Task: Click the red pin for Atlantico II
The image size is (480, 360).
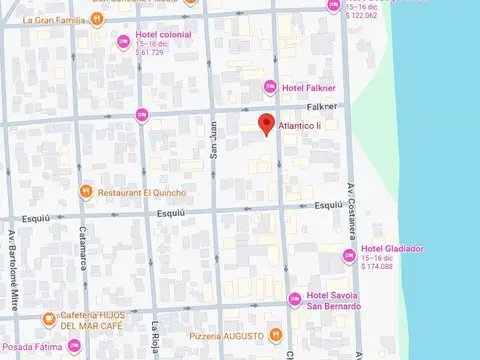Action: (266, 124)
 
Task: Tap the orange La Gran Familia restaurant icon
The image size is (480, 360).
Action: (96, 19)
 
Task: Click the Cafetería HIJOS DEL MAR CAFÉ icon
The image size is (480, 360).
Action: (49, 320)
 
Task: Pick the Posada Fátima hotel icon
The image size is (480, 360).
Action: (75, 347)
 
